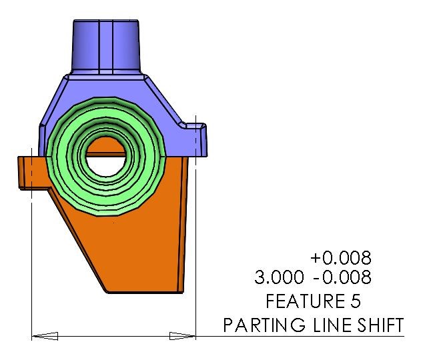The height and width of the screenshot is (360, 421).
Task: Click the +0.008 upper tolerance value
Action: [x=340, y=257]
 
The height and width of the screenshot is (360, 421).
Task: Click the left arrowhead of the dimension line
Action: [x=41, y=336]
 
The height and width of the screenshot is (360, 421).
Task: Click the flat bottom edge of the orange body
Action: [x=143, y=292]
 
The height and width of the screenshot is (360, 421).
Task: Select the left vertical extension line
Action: [x=32, y=267]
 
